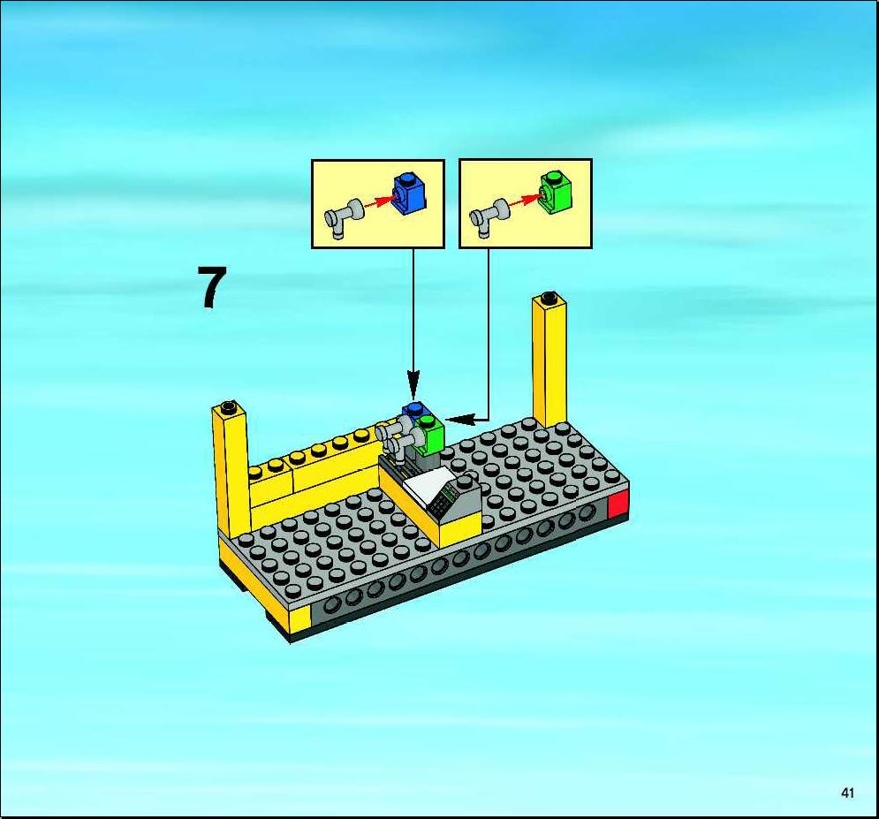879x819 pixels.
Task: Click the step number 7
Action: (212, 287)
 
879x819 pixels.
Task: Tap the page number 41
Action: (847, 792)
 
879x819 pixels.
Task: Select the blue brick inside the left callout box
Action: (410, 193)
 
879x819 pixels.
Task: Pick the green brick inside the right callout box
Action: (556, 192)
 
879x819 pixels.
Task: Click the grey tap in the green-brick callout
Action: (489, 218)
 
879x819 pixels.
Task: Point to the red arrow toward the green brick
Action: (524, 201)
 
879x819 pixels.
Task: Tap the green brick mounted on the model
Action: (430, 434)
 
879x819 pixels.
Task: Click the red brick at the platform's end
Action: (618, 504)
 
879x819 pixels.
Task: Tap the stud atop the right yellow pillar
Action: (549, 297)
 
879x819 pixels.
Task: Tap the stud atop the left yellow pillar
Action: (228, 406)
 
